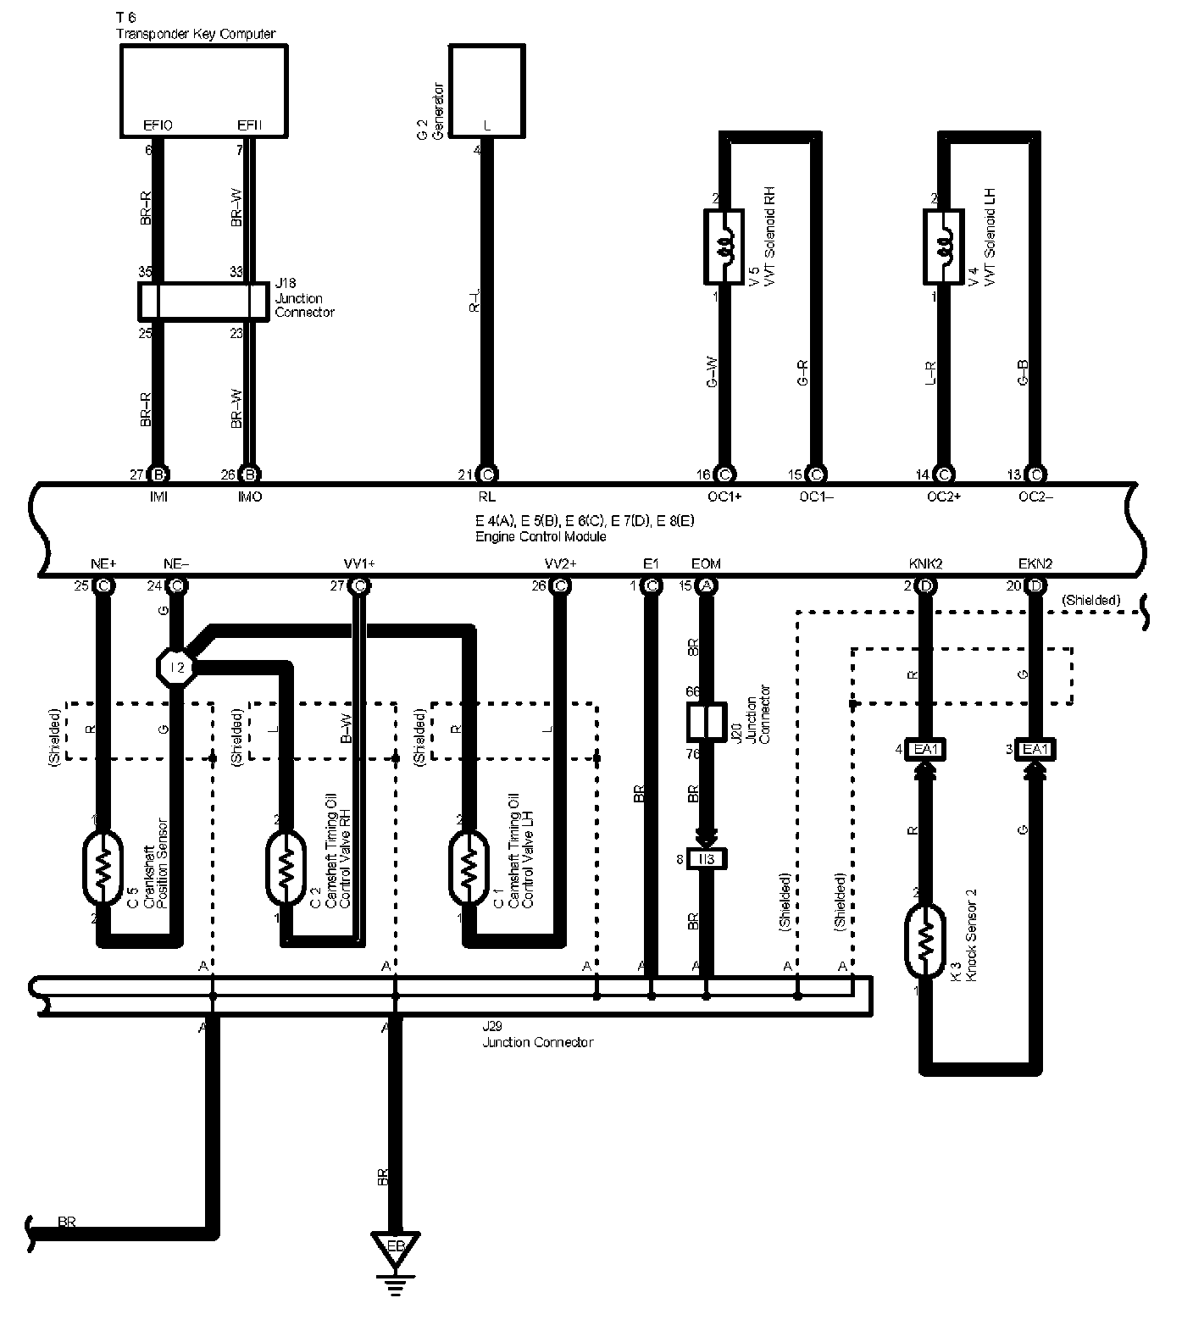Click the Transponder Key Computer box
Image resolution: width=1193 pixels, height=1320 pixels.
(x=203, y=90)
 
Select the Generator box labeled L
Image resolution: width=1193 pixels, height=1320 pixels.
(x=486, y=91)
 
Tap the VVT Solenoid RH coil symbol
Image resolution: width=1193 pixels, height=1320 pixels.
(x=724, y=247)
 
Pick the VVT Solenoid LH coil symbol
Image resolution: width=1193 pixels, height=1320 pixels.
(x=942, y=247)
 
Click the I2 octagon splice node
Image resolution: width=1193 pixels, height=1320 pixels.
(x=176, y=667)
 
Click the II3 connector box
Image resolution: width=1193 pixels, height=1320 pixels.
(x=706, y=860)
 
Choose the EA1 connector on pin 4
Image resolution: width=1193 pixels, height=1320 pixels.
(x=924, y=749)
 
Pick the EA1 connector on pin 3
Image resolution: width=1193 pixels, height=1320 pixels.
(x=1035, y=749)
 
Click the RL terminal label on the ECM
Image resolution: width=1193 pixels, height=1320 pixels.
(x=486, y=497)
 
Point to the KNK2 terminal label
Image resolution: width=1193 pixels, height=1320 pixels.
(x=924, y=563)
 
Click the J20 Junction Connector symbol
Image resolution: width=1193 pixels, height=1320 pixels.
(x=705, y=721)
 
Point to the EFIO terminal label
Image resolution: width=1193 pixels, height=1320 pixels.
(x=158, y=125)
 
